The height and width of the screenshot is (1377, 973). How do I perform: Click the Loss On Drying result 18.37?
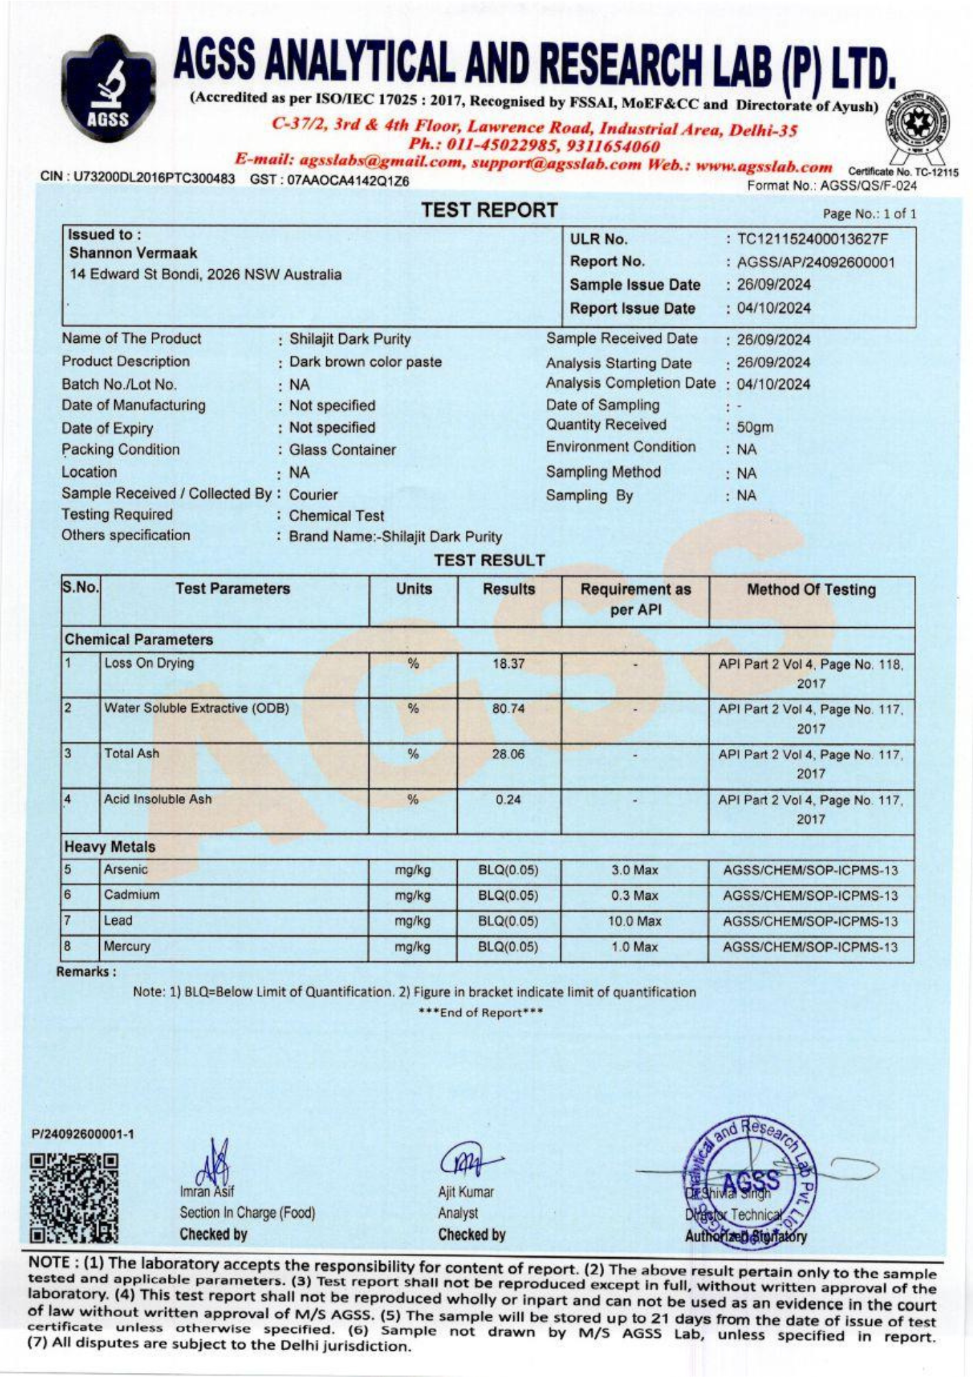pyautogui.click(x=509, y=664)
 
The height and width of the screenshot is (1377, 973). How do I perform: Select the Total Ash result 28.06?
pyautogui.click(x=509, y=754)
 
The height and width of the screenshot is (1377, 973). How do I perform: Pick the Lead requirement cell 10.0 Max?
pyautogui.click(x=634, y=921)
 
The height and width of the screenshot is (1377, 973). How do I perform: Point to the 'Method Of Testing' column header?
pyautogui.click(x=811, y=590)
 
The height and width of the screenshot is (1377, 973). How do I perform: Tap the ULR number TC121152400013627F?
pyautogui.click(x=813, y=240)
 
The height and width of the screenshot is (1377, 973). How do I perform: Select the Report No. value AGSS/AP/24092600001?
pyautogui.click(x=816, y=262)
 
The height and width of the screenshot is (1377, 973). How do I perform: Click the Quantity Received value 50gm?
pyautogui.click(x=755, y=427)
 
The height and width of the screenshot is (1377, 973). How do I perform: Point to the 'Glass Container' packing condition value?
pyautogui.click(x=343, y=450)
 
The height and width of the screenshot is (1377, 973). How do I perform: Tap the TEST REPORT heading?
pyautogui.click(x=489, y=210)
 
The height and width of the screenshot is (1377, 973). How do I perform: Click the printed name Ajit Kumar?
pyautogui.click(x=466, y=1192)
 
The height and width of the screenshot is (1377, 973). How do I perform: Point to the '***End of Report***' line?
pyautogui.click(x=481, y=1013)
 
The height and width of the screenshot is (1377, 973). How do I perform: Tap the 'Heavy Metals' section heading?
pyautogui.click(x=110, y=847)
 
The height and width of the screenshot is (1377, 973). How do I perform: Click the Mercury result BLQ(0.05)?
pyautogui.click(x=509, y=947)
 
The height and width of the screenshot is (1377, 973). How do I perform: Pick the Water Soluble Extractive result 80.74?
pyautogui.click(x=509, y=708)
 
